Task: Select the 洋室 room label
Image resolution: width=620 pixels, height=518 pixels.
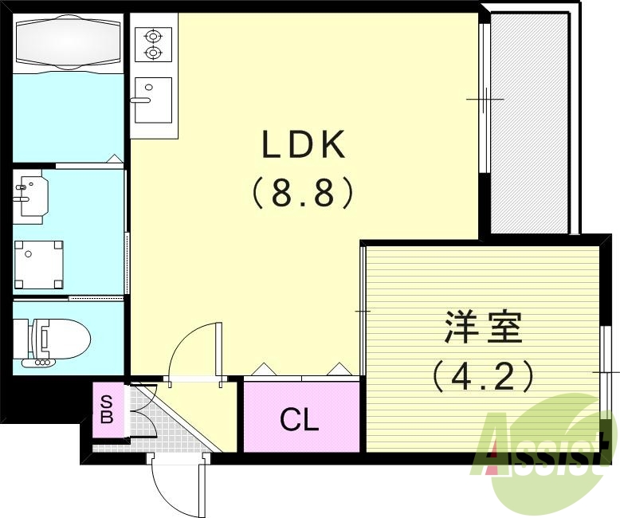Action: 483,328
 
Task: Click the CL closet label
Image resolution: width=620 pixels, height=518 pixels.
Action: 300,419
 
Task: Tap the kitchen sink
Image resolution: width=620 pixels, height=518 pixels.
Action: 153,100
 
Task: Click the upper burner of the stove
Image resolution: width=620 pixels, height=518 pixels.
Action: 152,36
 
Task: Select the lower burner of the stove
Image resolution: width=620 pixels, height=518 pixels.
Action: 152,53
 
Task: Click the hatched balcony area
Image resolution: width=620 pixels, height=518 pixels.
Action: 530,124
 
